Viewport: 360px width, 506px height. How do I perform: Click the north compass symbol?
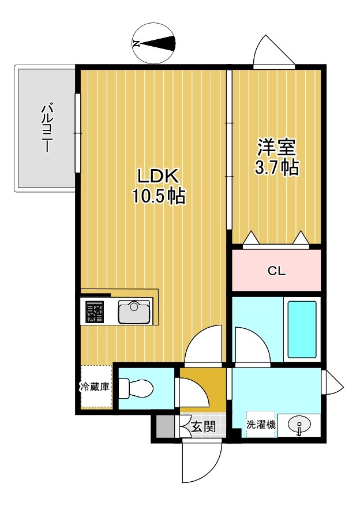pos(154,44)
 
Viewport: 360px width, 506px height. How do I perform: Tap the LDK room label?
pos(158,177)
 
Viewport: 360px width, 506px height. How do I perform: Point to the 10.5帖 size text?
pos(159,196)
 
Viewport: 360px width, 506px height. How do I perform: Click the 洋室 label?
pos(276,148)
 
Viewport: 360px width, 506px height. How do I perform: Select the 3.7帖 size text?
pos(276,167)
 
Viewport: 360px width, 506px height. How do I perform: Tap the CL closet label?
pos(277,271)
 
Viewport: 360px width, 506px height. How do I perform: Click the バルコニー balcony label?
pos(47,128)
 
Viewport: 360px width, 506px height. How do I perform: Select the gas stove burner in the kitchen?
pos(95,312)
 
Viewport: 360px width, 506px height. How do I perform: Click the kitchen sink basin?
pos(134,312)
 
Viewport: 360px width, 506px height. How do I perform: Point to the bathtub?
pos(302,329)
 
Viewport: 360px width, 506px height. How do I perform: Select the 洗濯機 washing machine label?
pos(261,425)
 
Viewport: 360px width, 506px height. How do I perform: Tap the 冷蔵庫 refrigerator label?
pos(95,387)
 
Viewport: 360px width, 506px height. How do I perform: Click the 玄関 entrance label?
pos(203,427)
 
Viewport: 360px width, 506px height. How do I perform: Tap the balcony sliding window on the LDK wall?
pos(77,133)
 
